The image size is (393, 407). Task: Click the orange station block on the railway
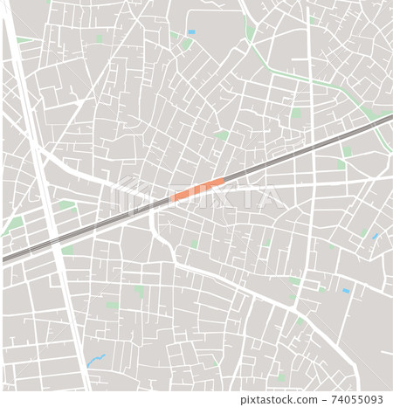coord(198,190)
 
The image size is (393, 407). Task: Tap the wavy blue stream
coord(96,358)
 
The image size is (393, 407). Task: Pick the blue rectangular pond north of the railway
coord(191,32)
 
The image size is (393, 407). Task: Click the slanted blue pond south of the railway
coord(375,236)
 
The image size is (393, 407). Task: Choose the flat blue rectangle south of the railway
coord(345,290)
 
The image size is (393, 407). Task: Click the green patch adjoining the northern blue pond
coord(186,42)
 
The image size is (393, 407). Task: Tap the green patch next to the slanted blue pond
coord(365,232)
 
